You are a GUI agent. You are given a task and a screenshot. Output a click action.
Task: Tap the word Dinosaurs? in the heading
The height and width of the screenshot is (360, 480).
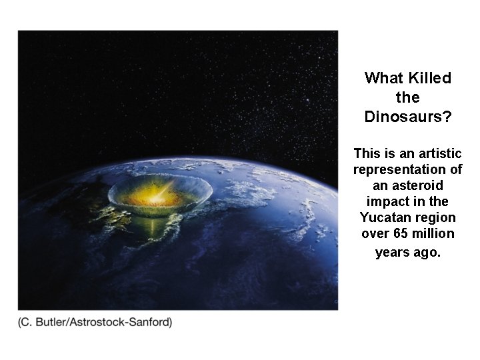408,117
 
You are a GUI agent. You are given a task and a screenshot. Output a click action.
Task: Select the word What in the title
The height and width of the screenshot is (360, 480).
384,78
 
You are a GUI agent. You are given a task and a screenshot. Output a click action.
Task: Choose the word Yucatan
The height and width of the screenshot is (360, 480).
384,217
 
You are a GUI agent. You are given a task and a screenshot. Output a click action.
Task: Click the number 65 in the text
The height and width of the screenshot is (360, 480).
397,233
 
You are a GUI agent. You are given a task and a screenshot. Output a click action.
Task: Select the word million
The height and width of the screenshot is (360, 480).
431,233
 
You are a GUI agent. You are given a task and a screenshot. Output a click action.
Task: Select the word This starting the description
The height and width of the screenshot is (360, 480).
367,153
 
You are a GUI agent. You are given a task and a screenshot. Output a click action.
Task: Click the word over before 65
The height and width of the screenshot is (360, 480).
374,233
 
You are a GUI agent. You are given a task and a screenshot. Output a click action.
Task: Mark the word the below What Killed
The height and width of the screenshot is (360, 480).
407,97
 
